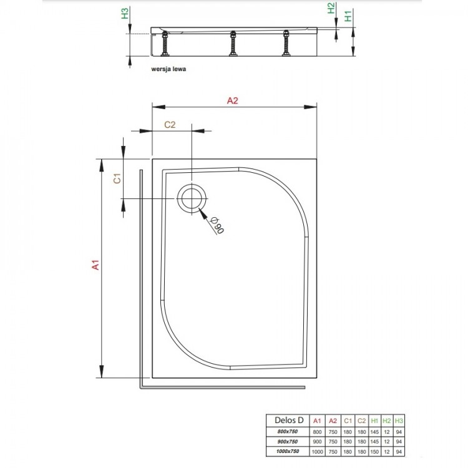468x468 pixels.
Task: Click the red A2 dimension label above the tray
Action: pos(232,100)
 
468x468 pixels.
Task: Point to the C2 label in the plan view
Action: pos(170,124)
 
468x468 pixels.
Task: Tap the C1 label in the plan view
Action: pos(116,178)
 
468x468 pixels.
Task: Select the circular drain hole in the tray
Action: pos(191,198)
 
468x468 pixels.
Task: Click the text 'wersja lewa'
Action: pos(168,70)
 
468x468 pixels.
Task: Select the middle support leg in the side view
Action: pos(233,46)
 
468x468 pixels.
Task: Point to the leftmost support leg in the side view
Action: pos(167,46)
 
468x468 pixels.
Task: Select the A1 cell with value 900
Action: pos(317,441)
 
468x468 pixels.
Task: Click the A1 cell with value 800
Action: pos(317,431)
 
